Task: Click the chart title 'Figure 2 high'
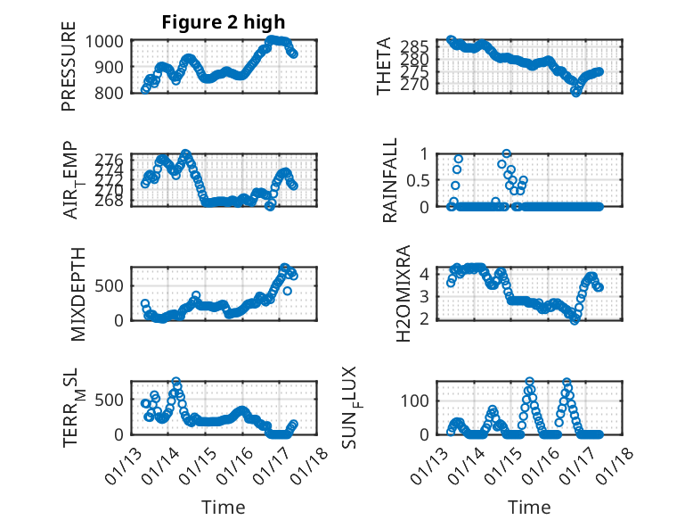click(x=223, y=22)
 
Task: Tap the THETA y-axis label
click(x=384, y=66)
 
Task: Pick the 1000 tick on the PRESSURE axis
click(x=107, y=41)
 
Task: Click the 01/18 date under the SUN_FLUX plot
click(x=614, y=461)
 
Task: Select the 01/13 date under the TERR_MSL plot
click(x=122, y=461)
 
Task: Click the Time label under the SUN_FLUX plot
click(x=529, y=507)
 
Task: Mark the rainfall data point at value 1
click(x=507, y=153)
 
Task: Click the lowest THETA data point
click(x=576, y=91)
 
